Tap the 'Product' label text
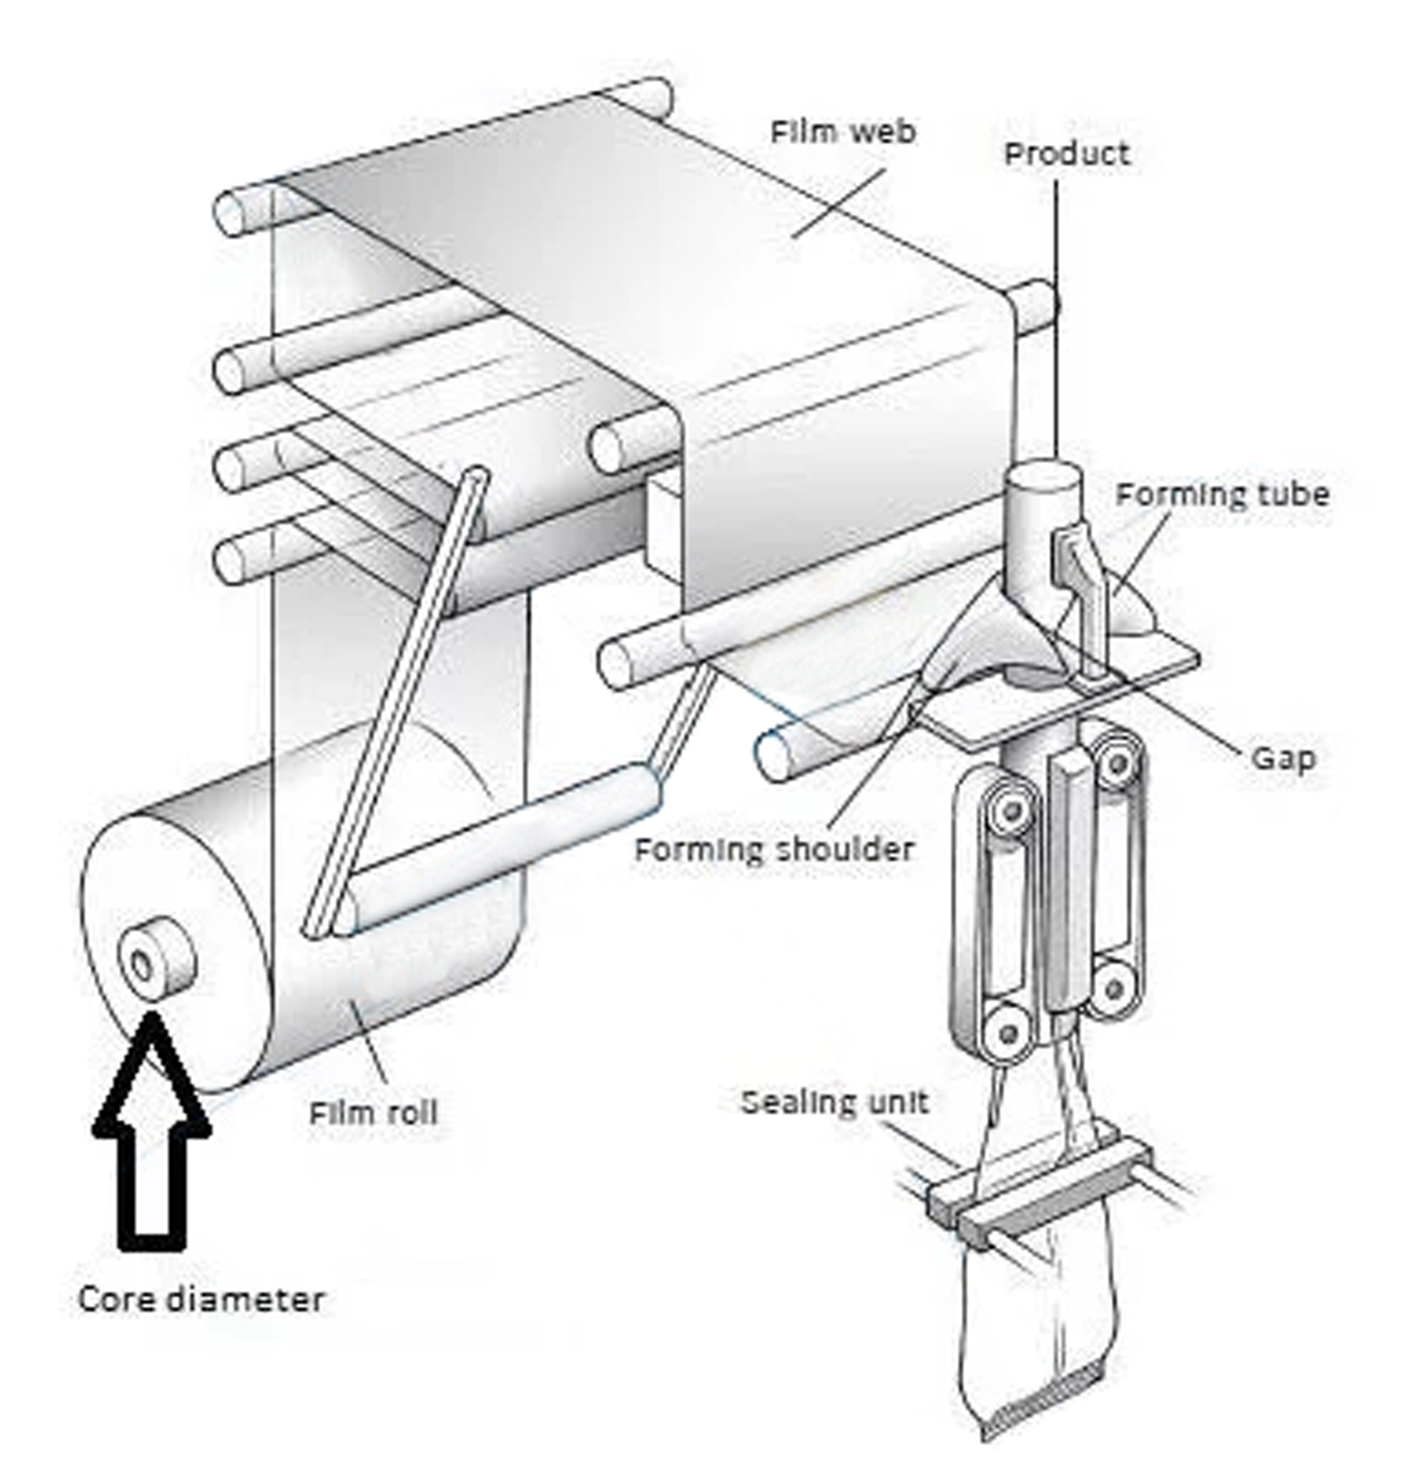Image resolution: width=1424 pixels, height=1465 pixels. pyautogui.click(x=1066, y=154)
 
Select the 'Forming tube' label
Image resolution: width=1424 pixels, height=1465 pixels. pyautogui.click(x=1221, y=495)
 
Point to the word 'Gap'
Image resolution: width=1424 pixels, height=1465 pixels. pyautogui.click(x=1283, y=758)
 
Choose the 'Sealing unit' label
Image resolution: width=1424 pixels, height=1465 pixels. pyautogui.click(x=834, y=1102)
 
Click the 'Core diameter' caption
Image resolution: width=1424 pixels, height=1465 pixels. pyautogui.click(x=200, y=1300)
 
